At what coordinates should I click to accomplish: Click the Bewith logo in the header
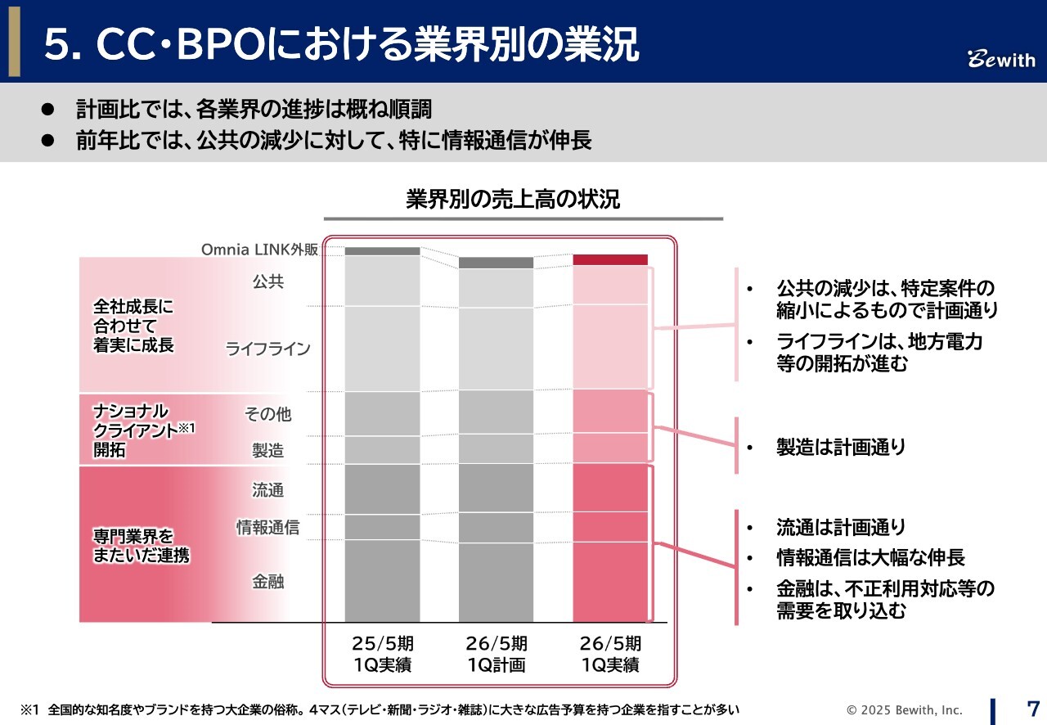click(x=1002, y=61)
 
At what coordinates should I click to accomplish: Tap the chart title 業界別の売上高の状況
click(x=513, y=200)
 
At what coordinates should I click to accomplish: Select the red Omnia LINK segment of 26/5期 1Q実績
click(x=610, y=259)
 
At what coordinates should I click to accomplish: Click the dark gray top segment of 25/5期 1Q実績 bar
click(x=382, y=251)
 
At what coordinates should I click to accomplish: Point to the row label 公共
click(x=268, y=281)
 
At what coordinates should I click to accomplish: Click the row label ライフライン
click(x=268, y=349)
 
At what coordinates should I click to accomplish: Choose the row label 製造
click(x=268, y=450)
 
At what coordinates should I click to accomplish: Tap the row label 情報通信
click(x=268, y=528)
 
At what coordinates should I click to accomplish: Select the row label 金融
click(x=268, y=582)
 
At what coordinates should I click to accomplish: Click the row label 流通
click(x=268, y=490)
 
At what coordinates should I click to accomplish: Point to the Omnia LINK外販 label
click(x=260, y=250)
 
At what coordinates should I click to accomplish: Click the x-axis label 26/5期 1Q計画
click(x=497, y=654)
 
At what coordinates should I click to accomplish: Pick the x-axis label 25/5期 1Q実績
click(x=382, y=654)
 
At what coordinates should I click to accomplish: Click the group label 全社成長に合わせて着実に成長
click(x=134, y=325)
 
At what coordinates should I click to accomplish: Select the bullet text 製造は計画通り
click(x=841, y=448)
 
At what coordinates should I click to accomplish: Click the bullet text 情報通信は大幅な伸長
click(x=870, y=558)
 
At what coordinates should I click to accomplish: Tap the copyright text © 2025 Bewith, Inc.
click(x=905, y=709)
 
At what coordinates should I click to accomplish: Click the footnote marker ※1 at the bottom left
click(x=29, y=709)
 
